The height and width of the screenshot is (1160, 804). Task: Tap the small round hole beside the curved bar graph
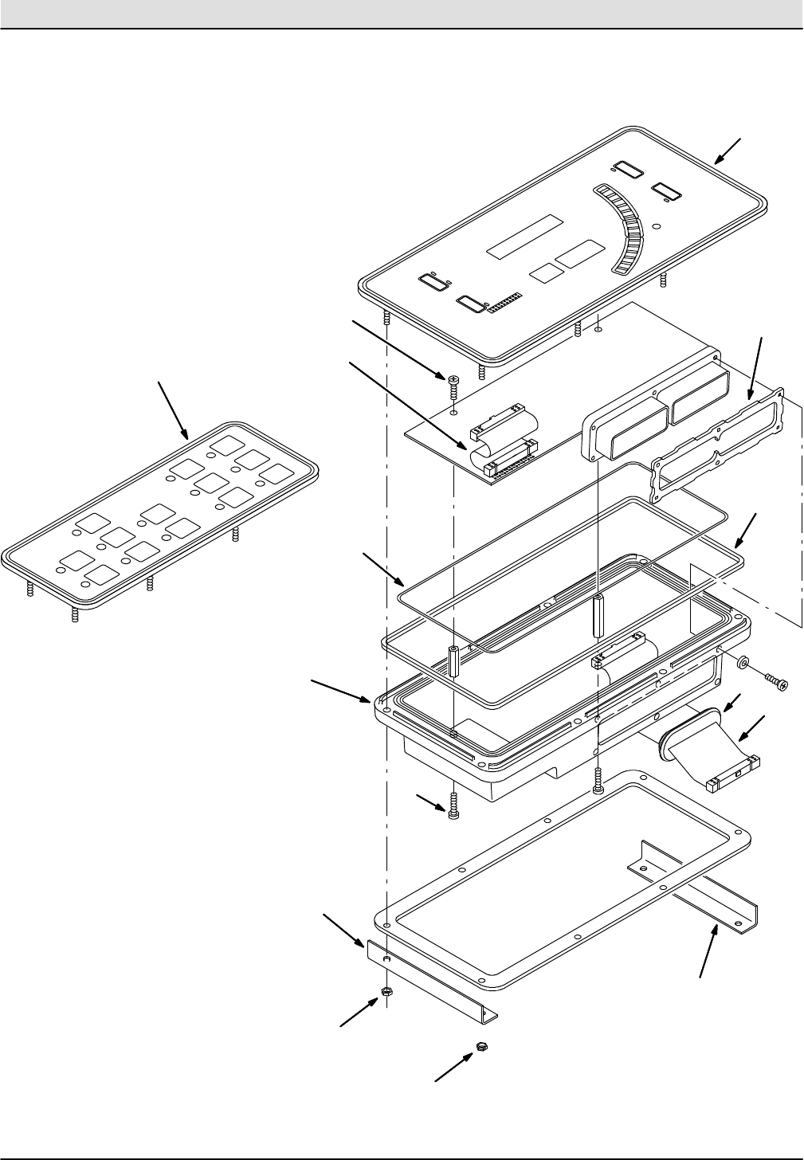656,227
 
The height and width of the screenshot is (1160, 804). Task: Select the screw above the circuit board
453,384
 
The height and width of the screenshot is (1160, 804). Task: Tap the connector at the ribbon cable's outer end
733,774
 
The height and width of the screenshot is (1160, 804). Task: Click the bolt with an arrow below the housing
453,809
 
